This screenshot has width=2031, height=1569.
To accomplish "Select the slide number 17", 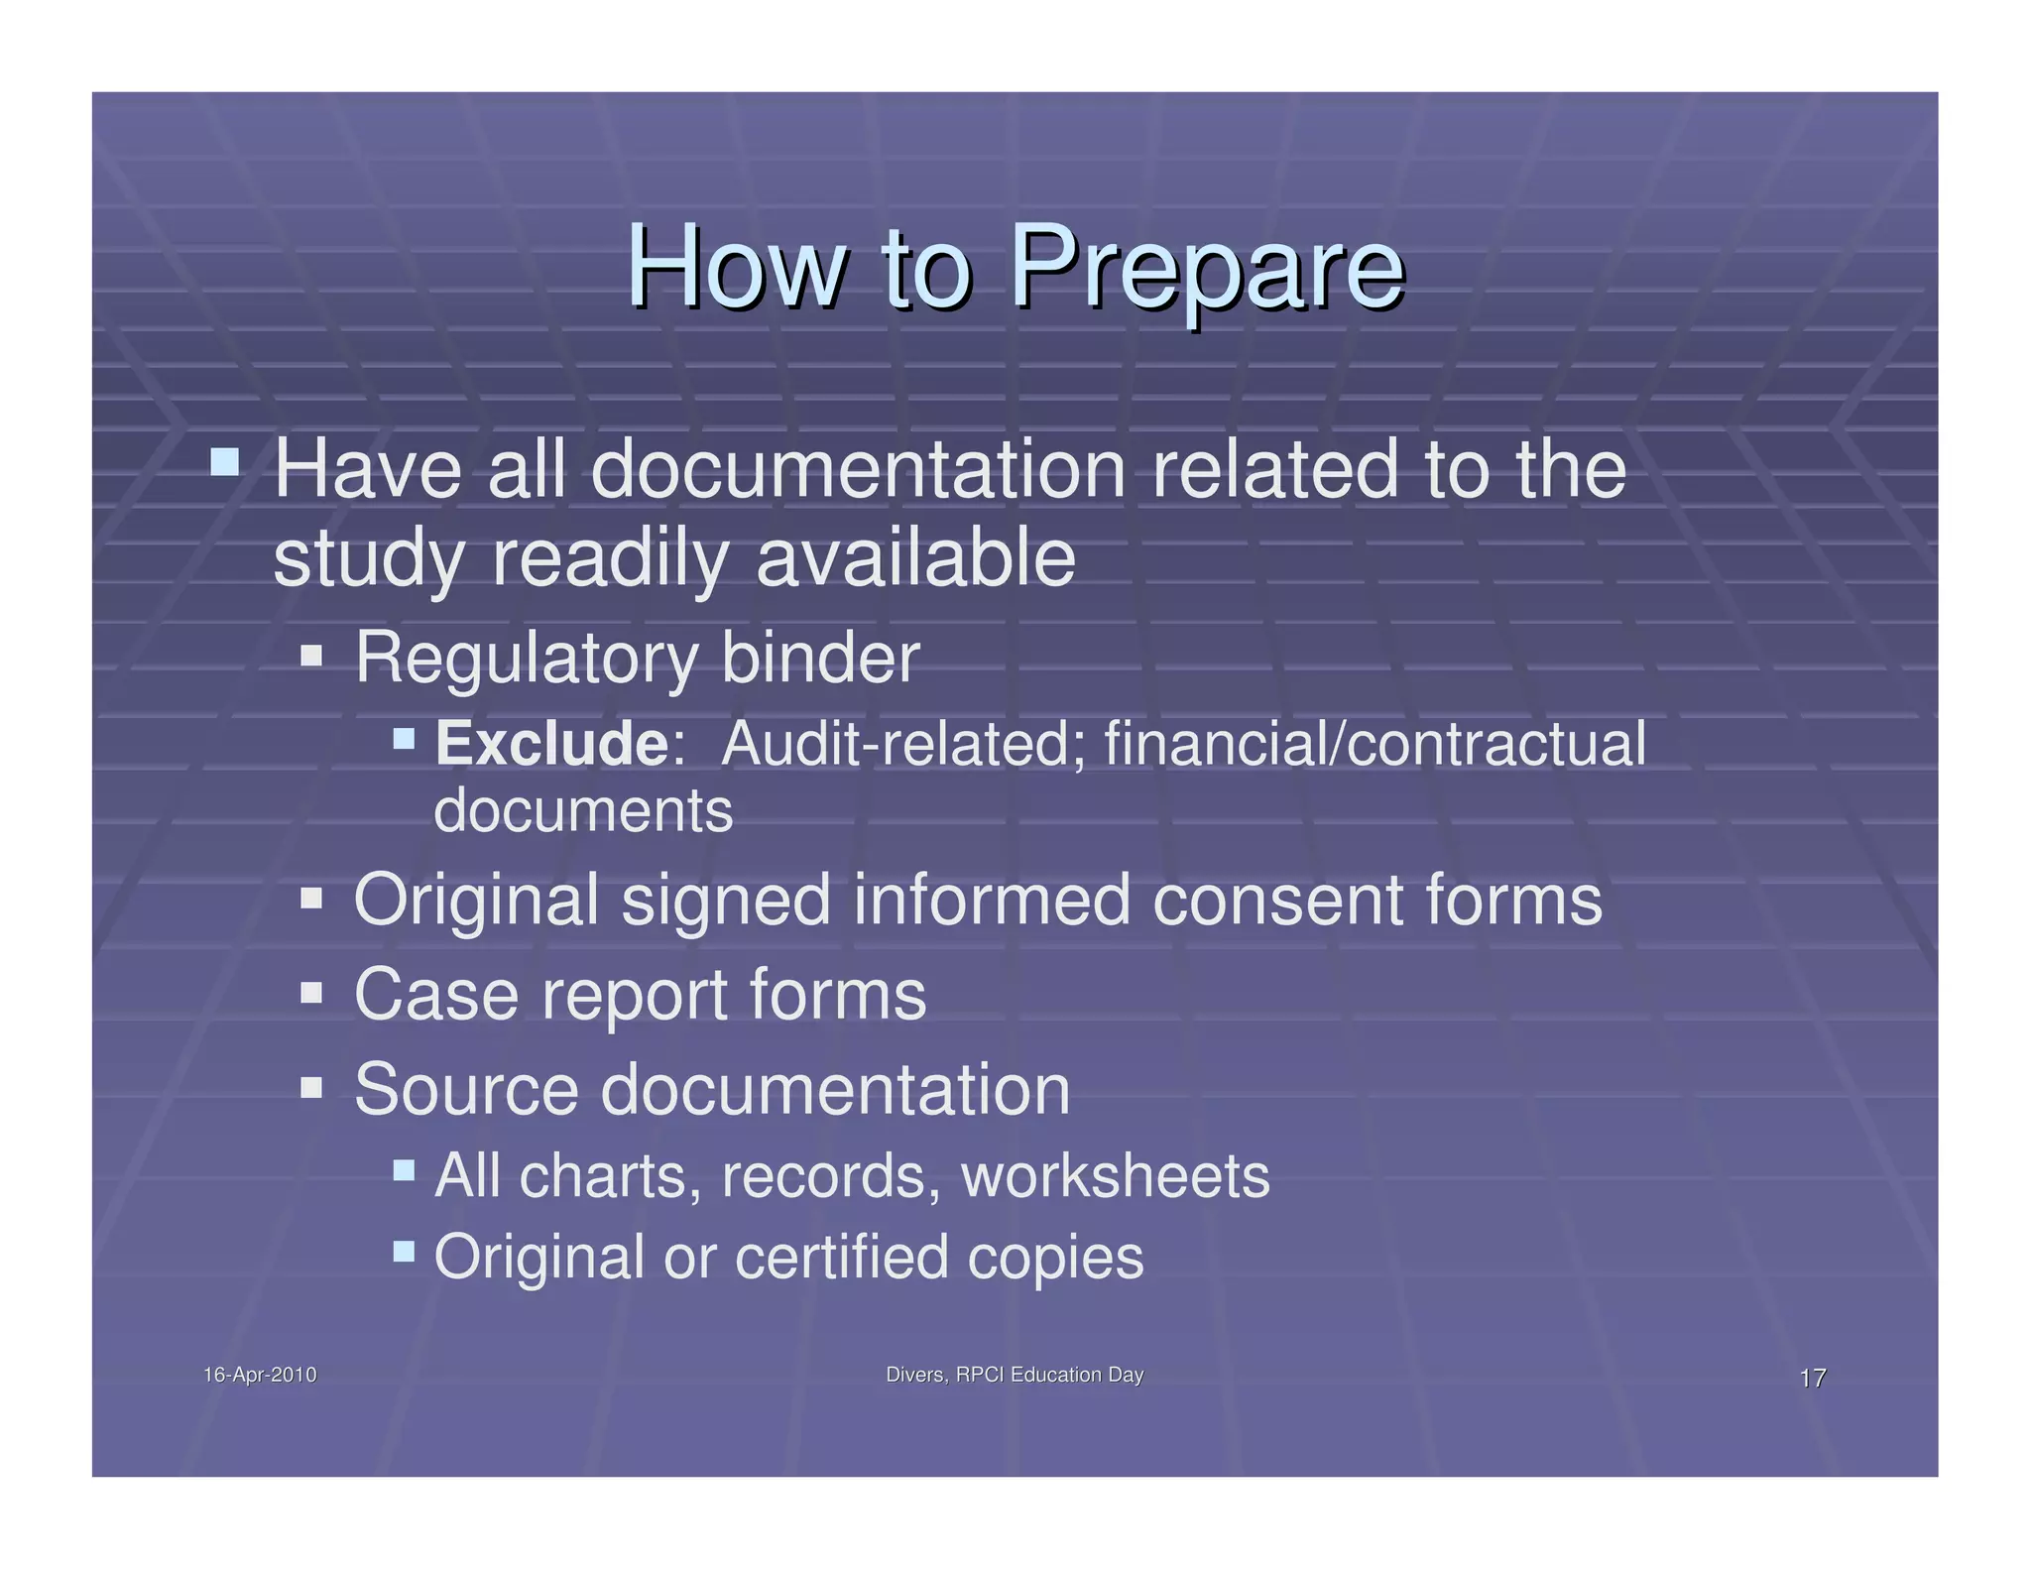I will (x=1812, y=1378).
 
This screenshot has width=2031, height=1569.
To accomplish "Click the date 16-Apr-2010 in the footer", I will (x=260, y=1375).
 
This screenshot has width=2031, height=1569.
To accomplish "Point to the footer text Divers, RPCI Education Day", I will (x=1014, y=1375).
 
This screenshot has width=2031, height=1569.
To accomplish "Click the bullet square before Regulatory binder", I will (x=311, y=655).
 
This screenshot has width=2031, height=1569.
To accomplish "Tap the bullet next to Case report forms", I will (x=311, y=992).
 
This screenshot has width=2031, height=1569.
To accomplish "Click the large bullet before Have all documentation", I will (x=225, y=461).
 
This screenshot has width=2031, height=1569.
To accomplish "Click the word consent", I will (x=1278, y=901).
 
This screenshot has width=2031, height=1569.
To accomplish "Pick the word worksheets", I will (x=1115, y=1176).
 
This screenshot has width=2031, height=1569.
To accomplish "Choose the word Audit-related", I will (x=900, y=744).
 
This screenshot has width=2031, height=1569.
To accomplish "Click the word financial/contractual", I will (x=1374, y=744).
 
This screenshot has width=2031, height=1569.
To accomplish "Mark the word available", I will (x=914, y=557).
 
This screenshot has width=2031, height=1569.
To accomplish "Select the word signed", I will (x=726, y=901).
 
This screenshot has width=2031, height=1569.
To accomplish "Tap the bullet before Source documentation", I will (x=311, y=1087).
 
